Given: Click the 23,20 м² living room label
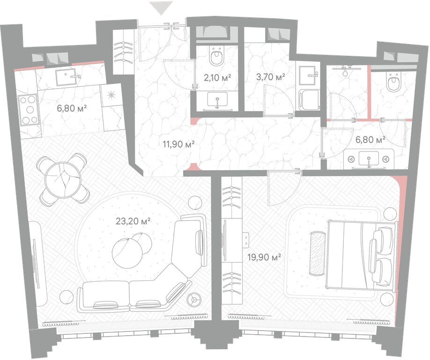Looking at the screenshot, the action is (133, 221).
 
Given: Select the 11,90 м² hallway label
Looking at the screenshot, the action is (179, 143).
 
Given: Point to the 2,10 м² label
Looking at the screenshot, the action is (217, 78).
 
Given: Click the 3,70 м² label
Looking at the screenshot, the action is (270, 77).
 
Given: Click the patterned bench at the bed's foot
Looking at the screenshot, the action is (318, 253).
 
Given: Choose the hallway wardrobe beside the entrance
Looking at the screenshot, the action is (123, 52).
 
